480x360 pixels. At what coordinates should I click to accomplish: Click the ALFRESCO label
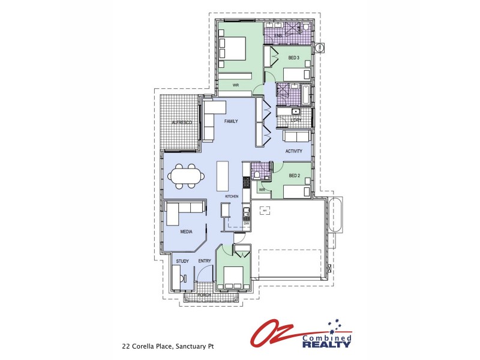click(181, 122)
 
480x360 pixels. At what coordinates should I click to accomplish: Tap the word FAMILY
click(231, 121)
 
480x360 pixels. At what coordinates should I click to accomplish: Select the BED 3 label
click(293, 58)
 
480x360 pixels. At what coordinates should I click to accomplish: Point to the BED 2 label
click(294, 176)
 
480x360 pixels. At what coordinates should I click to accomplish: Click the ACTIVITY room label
click(293, 151)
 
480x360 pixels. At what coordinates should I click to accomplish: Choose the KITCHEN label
click(232, 197)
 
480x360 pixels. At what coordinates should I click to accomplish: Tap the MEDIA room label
click(187, 230)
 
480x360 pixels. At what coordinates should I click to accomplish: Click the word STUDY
click(182, 261)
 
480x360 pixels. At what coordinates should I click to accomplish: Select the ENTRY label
click(205, 261)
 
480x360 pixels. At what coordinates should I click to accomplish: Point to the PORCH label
click(205, 296)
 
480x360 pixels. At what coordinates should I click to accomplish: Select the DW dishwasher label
click(246, 224)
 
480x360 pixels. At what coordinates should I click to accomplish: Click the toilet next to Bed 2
click(256, 175)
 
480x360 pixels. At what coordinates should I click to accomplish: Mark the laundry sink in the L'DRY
click(295, 112)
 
